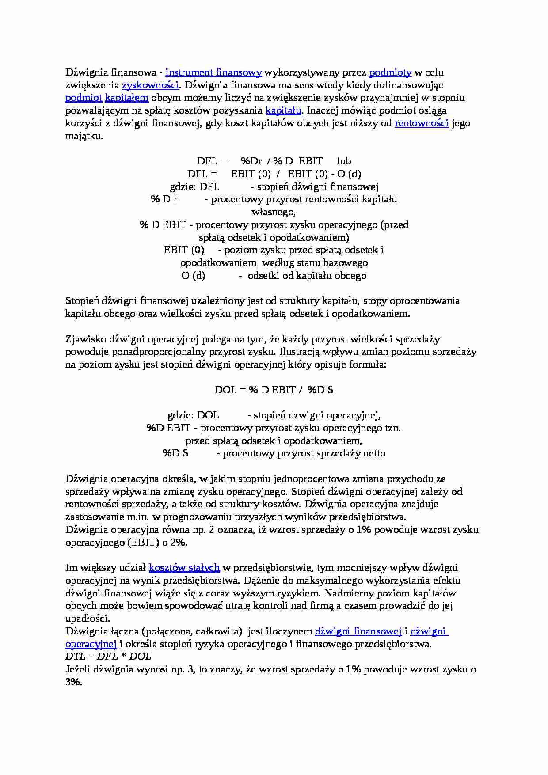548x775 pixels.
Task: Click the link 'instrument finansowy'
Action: (213, 72)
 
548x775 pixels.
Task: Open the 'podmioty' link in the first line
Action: (390, 72)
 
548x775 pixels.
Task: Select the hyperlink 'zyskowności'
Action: (150, 85)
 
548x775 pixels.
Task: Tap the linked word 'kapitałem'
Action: (126, 98)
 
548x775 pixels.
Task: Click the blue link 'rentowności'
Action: (422, 123)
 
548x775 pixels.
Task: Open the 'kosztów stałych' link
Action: (184, 568)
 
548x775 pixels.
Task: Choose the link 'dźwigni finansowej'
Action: (358, 631)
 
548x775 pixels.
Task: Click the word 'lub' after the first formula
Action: (343, 161)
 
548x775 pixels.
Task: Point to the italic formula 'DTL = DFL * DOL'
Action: (108, 657)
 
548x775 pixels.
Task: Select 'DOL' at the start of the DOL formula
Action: (225, 390)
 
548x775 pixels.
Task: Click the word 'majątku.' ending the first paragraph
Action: (84, 136)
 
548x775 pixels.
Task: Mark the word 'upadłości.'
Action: (88, 619)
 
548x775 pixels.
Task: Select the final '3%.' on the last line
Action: (74, 682)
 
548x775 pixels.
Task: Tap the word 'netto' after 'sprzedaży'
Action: (374, 453)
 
